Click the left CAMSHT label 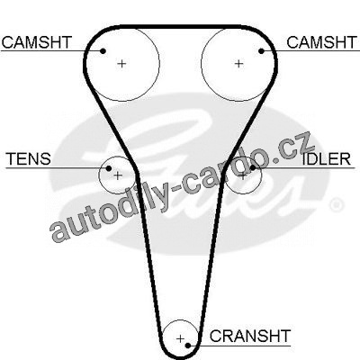tap(37, 42)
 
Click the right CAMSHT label tap(321, 42)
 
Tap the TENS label tap(29, 159)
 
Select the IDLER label tap(327, 159)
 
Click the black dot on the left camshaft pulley tap(103, 51)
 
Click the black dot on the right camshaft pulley tap(261, 51)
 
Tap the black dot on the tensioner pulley tap(109, 168)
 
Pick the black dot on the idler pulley tap(253, 167)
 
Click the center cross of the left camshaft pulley tap(121, 64)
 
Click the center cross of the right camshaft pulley tap(238, 64)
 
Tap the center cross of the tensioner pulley tap(118, 175)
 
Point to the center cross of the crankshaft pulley tap(180, 339)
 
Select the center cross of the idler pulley tap(243, 176)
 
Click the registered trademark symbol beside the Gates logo tap(336, 205)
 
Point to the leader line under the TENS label tap(57, 167)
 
